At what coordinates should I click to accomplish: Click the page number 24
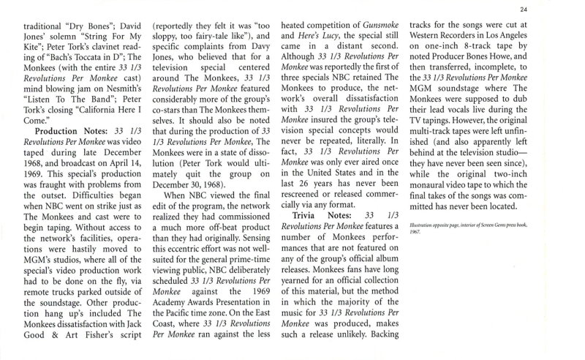565,9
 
